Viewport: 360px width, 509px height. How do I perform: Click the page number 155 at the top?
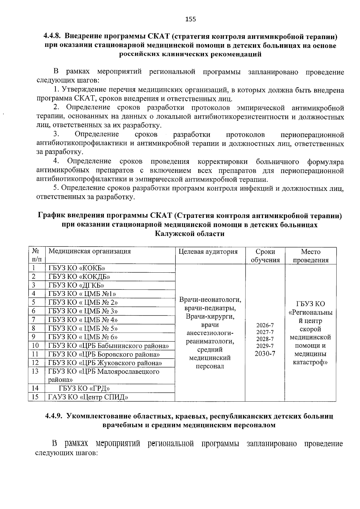pyautogui.click(x=190, y=19)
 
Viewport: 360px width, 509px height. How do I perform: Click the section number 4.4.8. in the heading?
pyautogui.click(x=53, y=37)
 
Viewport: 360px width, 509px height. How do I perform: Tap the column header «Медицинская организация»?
pyautogui.click(x=90, y=251)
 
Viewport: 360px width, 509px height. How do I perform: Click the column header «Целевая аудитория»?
pyautogui.click(x=208, y=252)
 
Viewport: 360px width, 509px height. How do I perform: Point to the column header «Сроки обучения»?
pyautogui.click(x=265, y=256)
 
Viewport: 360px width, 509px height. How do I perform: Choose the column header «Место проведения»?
pyautogui.click(x=310, y=256)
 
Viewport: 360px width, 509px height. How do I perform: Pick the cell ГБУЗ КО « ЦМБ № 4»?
pyautogui.click(x=83, y=320)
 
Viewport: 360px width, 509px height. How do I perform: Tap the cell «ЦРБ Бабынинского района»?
pyautogui.click(x=109, y=346)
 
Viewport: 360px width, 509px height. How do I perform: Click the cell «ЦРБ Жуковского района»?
pyautogui.click(x=105, y=363)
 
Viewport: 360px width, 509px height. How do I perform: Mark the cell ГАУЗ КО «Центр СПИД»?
pyautogui.click(x=88, y=397)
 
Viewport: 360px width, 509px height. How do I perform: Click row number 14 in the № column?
pyautogui.click(x=35, y=388)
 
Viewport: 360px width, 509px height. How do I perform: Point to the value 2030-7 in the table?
pyautogui.click(x=265, y=354)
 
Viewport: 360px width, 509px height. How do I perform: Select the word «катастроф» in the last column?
pyautogui.click(x=310, y=362)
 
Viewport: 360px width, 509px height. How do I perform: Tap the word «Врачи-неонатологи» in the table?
pyautogui.click(x=210, y=300)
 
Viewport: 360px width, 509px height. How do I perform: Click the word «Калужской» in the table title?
pyautogui.click(x=172, y=234)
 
